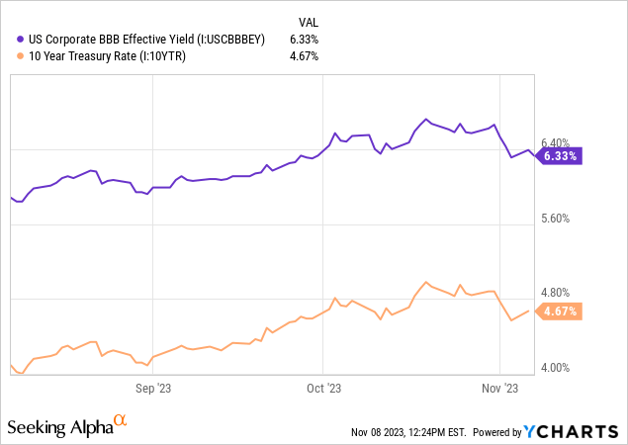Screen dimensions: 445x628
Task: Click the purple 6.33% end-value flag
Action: pos(561,155)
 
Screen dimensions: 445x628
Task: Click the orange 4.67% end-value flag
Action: pos(561,311)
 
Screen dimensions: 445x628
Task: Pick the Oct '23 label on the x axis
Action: pos(323,389)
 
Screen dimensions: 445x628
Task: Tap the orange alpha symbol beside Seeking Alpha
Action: pos(120,421)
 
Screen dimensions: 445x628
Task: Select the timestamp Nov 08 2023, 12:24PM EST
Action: pos(406,432)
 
